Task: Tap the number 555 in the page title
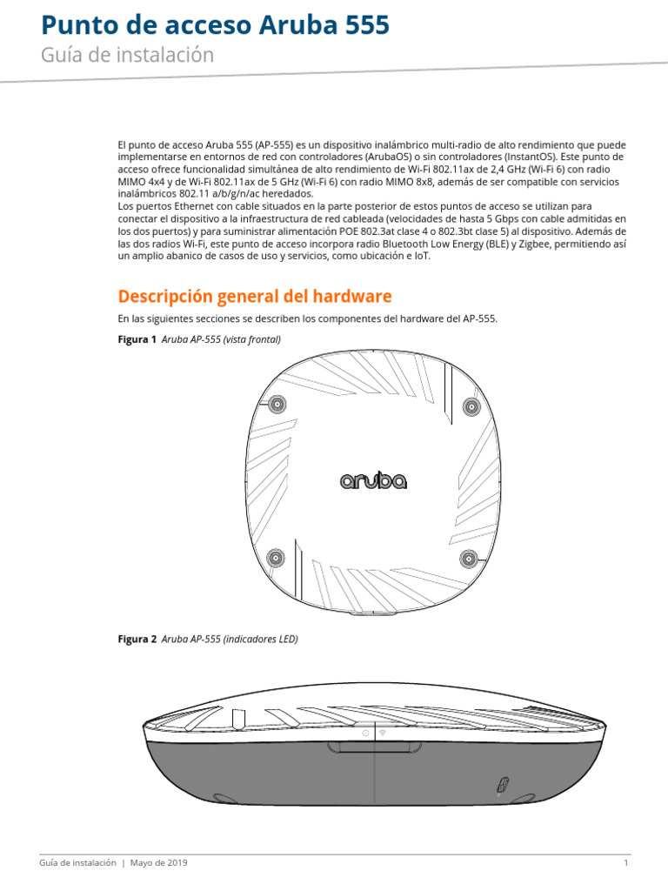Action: (x=364, y=26)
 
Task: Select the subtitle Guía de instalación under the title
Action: (x=127, y=56)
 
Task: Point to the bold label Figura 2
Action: (x=137, y=639)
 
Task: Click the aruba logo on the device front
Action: (x=372, y=480)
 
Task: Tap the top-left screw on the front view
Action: (x=277, y=405)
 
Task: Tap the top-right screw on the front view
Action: (x=471, y=405)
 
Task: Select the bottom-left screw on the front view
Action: (x=276, y=558)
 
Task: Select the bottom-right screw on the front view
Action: (x=470, y=558)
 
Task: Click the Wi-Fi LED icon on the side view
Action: (x=384, y=734)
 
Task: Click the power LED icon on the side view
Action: (x=365, y=734)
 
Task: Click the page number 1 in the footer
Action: (x=625, y=863)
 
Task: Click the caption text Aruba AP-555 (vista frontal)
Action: (x=221, y=339)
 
